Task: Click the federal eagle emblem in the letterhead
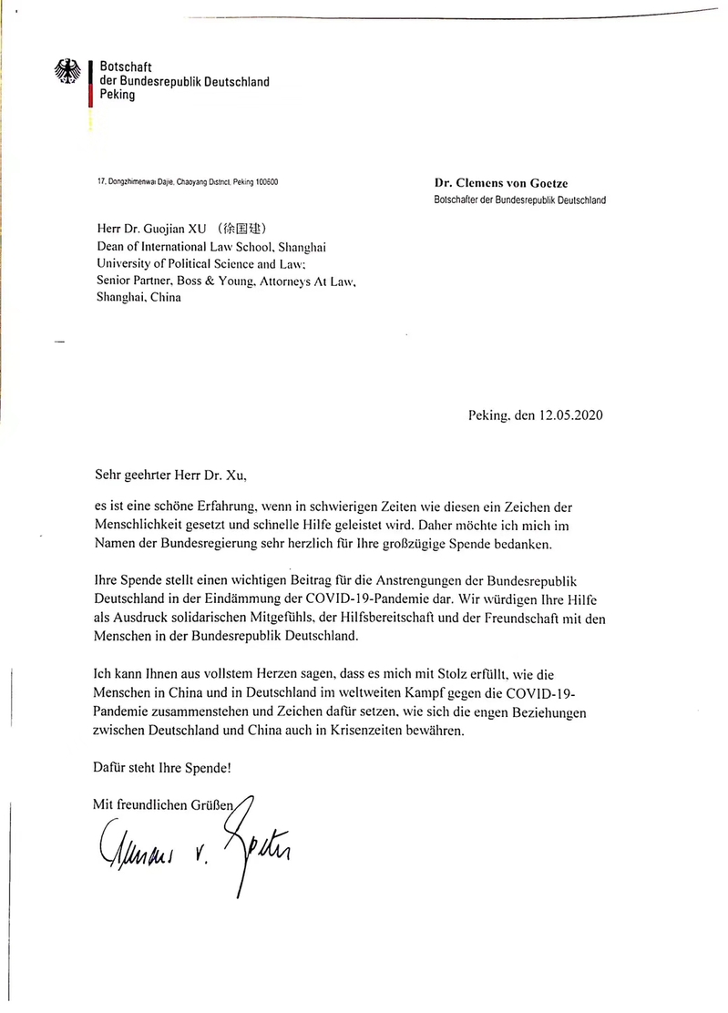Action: tap(68, 73)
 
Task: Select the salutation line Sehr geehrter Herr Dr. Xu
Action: tap(170, 474)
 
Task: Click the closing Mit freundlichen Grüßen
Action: tap(164, 803)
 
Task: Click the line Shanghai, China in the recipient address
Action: tap(138, 298)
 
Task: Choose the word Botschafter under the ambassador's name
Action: tap(463, 200)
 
